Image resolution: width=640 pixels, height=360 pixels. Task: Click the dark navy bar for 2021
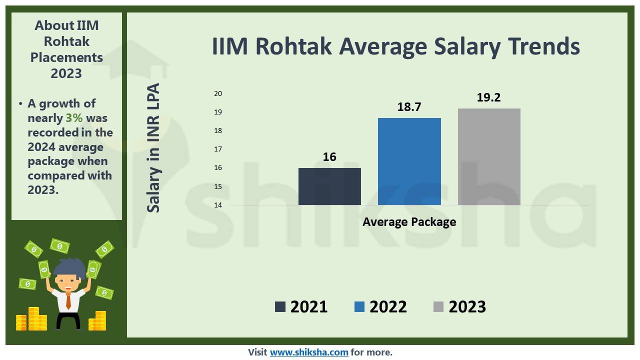[x=329, y=186]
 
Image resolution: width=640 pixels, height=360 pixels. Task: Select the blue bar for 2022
[x=409, y=161]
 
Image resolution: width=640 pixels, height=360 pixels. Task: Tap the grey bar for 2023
[x=489, y=156]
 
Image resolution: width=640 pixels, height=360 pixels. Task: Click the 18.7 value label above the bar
[x=409, y=107]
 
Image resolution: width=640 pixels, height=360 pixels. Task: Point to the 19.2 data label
[x=488, y=97]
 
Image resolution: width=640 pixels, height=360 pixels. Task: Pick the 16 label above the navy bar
[x=329, y=157]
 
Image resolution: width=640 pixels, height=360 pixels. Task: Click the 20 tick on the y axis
[x=218, y=93]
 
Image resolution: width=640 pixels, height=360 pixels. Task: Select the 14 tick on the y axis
[x=218, y=205]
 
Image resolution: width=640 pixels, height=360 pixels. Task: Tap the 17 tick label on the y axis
[x=218, y=149]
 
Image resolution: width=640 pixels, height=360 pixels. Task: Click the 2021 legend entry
[x=301, y=306]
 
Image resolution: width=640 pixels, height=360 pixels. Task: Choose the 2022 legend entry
[x=380, y=306]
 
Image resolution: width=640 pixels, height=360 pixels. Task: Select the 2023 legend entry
[x=459, y=306]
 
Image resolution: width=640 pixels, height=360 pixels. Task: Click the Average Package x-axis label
[x=409, y=222]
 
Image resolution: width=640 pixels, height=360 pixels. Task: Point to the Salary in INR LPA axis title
[x=154, y=148]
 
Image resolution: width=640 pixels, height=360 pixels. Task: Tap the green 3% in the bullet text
[x=74, y=118]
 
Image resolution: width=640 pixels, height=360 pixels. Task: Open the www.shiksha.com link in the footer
[x=309, y=352]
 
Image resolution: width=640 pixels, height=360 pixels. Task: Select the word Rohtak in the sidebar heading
[x=66, y=41]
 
